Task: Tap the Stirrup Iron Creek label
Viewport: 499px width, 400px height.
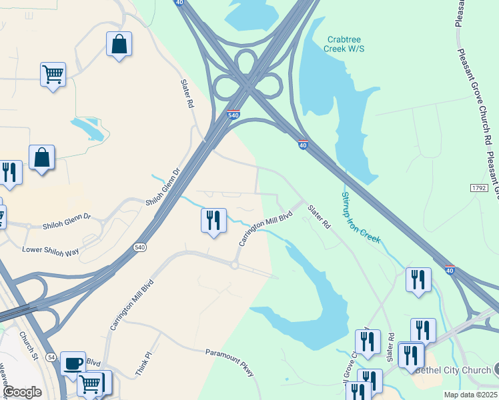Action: point(361,217)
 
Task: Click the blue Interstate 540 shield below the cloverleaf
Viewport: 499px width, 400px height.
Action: point(233,115)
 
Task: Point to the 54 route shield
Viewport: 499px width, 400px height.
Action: point(50,359)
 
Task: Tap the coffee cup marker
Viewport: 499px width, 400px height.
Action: point(73,364)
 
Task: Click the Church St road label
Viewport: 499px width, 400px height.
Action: point(27,343)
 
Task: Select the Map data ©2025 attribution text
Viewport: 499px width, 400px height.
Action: point(470,395)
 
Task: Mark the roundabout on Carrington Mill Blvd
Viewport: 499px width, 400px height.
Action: point(234,265)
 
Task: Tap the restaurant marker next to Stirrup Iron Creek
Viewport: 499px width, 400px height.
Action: point(418,280)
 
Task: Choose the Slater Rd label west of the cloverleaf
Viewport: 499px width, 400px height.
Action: point(187,94)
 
